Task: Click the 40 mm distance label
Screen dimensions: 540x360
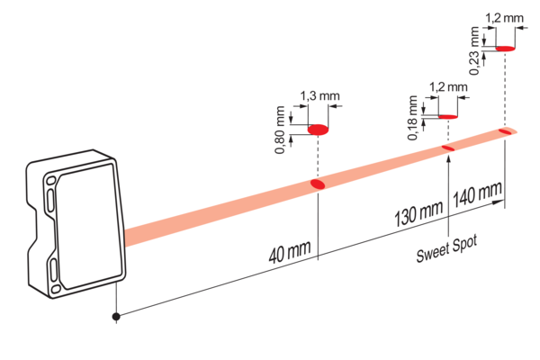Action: [290, 251]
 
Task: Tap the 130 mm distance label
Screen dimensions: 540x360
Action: [418, 213]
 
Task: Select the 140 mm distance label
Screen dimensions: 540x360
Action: [477, 195]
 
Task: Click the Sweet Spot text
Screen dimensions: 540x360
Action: [446, 248]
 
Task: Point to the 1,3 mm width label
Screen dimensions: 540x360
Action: [319, 95]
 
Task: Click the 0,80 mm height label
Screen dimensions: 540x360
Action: [280, 130]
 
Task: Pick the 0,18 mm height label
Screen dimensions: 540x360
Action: [412, 118]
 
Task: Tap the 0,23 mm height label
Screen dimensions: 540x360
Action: [474, 50]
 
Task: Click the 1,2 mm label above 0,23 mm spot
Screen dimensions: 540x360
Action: [505, 18]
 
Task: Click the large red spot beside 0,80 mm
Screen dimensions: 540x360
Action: [318, 130]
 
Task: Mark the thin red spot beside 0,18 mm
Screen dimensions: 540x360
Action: [448, 117]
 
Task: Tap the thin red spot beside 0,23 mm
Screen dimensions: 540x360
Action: [506, 49]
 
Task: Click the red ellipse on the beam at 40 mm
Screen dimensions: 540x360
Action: [318, 184]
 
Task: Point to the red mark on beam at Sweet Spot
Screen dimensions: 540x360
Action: [448, 148]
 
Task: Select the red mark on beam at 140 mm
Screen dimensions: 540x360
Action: [505, 131]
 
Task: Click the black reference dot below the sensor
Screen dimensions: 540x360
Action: [116, 316]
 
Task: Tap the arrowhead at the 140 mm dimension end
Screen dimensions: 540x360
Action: [499, 202]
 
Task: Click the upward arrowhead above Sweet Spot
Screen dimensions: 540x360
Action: [448, 159]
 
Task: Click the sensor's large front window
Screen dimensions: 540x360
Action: [89, 226]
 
